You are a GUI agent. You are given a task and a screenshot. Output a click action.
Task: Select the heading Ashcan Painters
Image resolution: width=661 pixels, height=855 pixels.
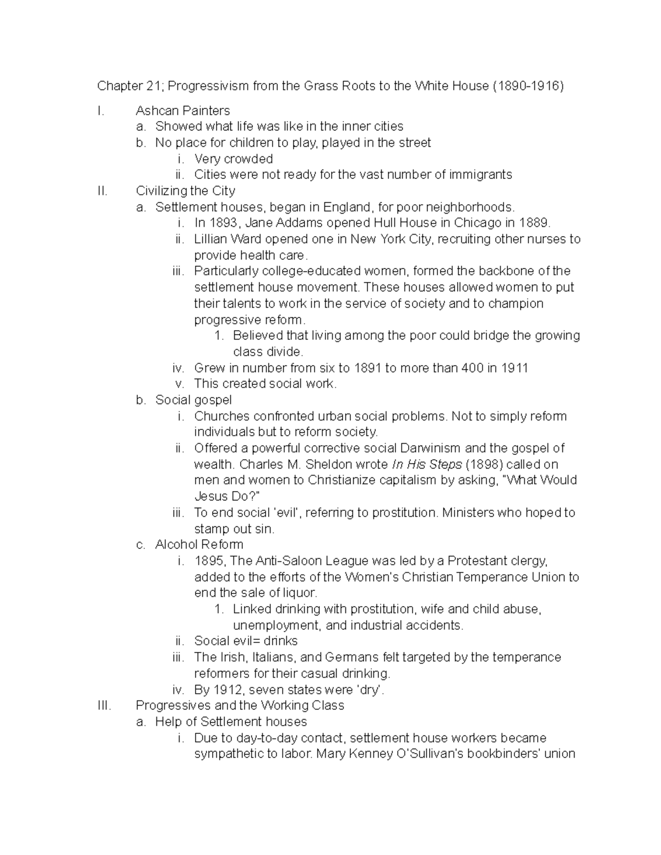coord(183,111)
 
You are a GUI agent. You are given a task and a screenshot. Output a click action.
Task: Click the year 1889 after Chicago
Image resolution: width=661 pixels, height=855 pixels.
coord(533,223)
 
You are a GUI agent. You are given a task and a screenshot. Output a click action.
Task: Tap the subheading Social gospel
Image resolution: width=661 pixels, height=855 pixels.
coord(193,400)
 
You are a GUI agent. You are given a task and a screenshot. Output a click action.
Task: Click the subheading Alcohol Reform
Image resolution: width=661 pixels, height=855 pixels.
coord(199,544)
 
